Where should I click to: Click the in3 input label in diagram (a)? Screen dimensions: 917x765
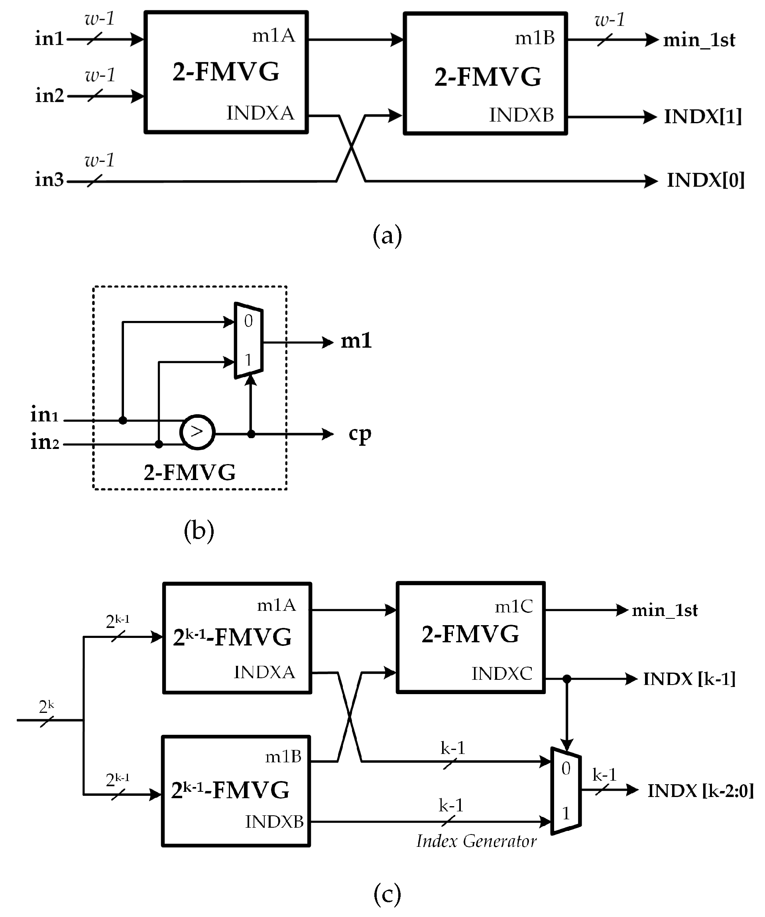point(49,179)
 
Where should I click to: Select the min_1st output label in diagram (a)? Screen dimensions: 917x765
point(699,40)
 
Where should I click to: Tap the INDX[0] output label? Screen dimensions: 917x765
point(705,180)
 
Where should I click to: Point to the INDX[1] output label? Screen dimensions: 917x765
point(702,116)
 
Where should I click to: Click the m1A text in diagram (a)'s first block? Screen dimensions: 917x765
point(273,35)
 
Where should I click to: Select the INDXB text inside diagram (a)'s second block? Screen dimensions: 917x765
point(521,115)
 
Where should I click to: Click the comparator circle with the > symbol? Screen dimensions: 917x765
point(197,432)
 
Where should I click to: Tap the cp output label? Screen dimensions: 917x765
point(360,434)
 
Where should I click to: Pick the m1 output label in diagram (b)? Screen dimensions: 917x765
point(356,340)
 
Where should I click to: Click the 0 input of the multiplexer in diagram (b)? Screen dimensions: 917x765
point(248,321)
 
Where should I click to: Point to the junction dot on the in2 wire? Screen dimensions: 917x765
point(159,444)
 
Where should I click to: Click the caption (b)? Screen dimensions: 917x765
point(199,531)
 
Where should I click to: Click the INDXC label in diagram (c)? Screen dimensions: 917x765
point(502,674)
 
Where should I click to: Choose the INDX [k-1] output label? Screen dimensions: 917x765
point(689,679)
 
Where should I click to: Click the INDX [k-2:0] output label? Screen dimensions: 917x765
point(700,791)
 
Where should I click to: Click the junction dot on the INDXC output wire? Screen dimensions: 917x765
point(567,679)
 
